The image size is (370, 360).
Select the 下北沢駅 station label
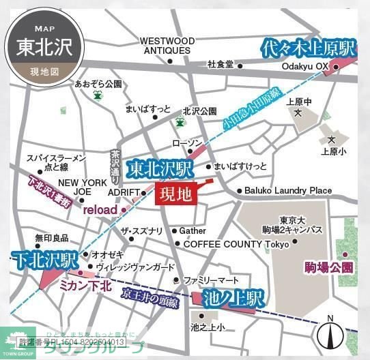click(x=44, y=259)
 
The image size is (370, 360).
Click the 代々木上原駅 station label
click(x=309, y=48)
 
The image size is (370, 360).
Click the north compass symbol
click(x=330, y=334)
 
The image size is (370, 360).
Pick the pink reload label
click(x=100, y=210)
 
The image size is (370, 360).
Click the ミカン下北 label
click(x=85, y=285)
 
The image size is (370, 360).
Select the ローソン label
click(x=188, y=143)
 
